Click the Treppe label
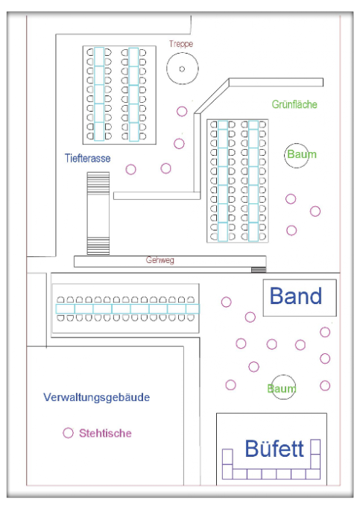(181, 44)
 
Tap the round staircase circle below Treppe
(183, 53)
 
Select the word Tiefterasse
(88, 158)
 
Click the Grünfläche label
(294, 104)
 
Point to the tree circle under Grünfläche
(297, 144)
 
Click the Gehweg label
(160, 260)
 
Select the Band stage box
(300, 279)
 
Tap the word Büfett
(274, 449)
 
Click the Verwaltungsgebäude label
(97, 397)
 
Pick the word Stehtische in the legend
(106, 433)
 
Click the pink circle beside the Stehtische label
(68, 428)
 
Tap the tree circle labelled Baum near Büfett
(283, 376)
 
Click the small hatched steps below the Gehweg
(259, 270)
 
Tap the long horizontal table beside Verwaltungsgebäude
(127, 309)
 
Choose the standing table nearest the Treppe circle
(182, 112)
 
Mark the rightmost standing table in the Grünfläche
(315, 212)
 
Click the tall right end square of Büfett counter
(315, 447)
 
